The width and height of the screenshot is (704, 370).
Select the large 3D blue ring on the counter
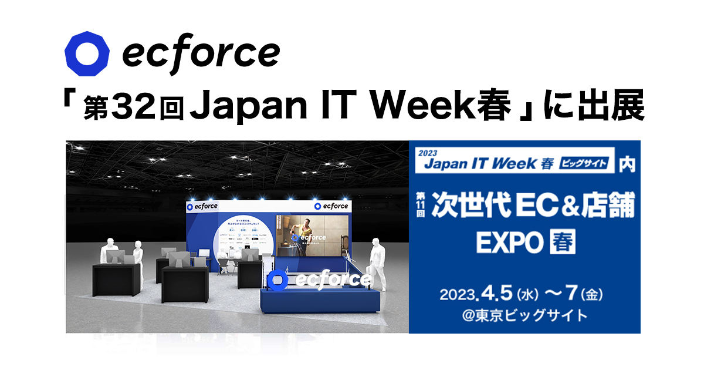click(x=278, y=281)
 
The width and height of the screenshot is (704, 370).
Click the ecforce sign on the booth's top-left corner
click(x=202, y=206)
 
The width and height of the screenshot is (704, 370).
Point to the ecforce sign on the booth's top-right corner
click(x=331, y=206)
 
